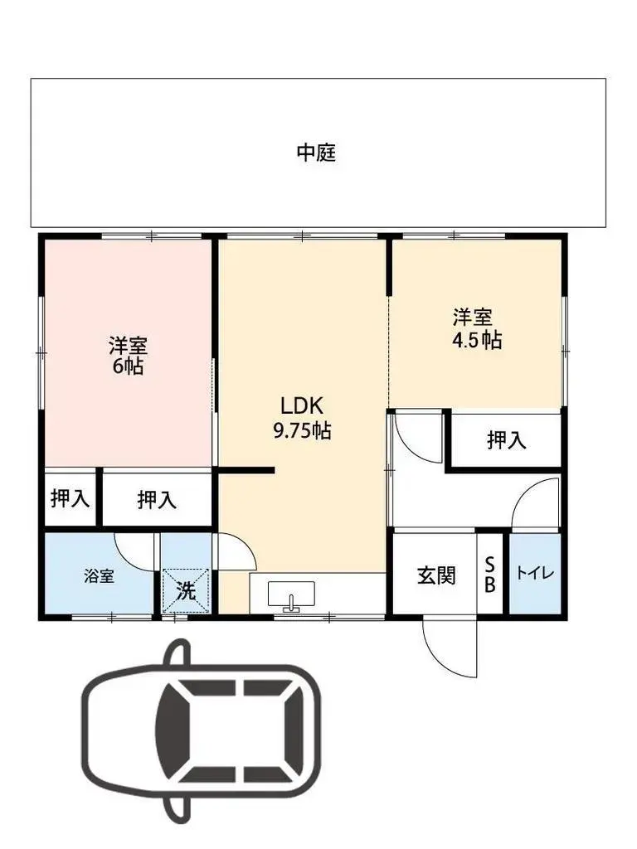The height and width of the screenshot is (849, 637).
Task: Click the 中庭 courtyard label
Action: click(x=317, y=153)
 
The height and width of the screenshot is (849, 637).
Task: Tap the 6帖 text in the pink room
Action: click(x=128, y=365)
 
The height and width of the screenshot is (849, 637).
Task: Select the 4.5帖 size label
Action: click(x=473, y=339)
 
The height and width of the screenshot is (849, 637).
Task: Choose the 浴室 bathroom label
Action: click(x=99, y=576)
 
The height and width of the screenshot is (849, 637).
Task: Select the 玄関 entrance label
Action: click(x=435, y=575)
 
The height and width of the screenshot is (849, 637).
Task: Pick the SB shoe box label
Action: click(x=489, y=574)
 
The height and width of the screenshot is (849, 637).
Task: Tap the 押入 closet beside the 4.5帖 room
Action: click(x=506, y=440)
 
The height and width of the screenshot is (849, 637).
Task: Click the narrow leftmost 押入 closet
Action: click(x=71, y=498)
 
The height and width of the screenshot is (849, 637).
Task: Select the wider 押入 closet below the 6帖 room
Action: click(x=157, y=499)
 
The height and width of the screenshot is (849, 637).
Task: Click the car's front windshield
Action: click(x=172, y=729)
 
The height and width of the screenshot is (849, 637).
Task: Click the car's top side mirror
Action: click(x=176, y=652)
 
